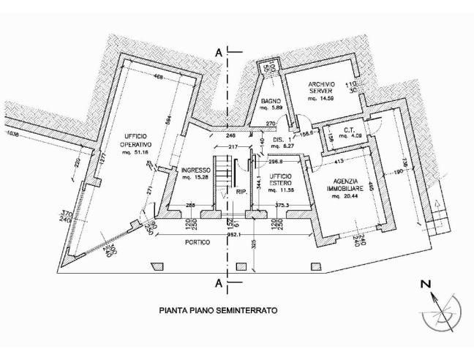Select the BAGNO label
click(x=271, y=102)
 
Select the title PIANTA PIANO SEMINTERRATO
click(x=218, y=310)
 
